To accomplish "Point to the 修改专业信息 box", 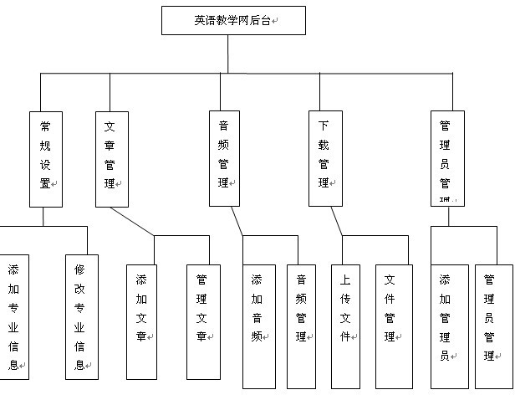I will [81, 316].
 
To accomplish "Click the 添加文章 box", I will [141, 322].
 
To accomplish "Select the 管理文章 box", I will [203, 322].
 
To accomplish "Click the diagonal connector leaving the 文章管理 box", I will [132, 222].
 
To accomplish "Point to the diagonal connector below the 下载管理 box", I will [336, 222].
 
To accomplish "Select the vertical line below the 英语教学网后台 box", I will [227, 54].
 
